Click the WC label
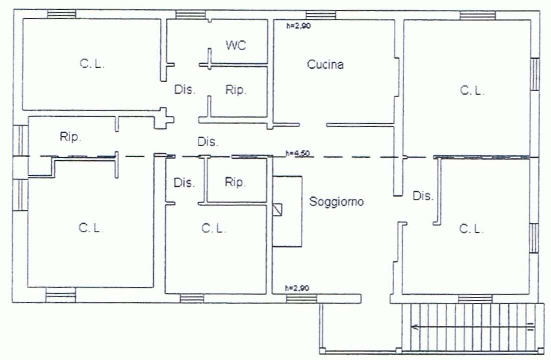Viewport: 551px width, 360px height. (236, 45)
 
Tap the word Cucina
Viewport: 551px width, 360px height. (325, 64)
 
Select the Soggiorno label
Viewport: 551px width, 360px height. (336, 201)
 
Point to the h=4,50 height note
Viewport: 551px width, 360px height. (297, 153)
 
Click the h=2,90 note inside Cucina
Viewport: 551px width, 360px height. (299, 26)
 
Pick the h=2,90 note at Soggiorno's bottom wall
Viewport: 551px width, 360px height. (297, 288)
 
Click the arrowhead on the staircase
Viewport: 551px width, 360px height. (415, 327)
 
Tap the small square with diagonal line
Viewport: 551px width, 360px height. (278, 210)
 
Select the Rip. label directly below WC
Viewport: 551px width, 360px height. (236, 90)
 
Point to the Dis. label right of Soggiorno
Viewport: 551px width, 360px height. (423, 196)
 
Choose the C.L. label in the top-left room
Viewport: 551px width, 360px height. (92, 64)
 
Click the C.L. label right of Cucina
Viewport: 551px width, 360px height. (472, 91)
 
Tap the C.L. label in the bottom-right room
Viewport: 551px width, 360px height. (471, 229)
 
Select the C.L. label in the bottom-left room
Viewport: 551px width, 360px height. (91, 228)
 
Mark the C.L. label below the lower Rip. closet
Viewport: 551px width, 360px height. (214, 228)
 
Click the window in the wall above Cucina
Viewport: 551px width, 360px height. (321, 15)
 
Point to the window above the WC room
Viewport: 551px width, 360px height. (190, 15)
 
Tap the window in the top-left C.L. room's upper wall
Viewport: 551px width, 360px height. (62, 14)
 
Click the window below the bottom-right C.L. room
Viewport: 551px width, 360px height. (475, 299)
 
